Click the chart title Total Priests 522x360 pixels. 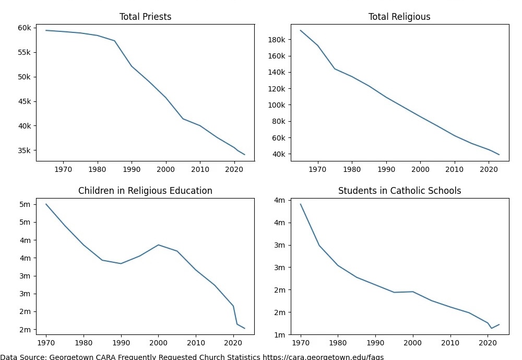click(x=145, y=17)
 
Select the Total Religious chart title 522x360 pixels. click(x=399, y=17)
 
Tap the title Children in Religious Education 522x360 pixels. click(x=145, y=191)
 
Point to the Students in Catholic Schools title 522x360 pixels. click(x=399, y=191)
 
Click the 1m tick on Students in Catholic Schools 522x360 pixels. click(x=279, y=334)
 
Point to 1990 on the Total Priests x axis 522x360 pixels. click(x=132, y=169)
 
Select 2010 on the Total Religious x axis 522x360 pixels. click(x=455, y=169)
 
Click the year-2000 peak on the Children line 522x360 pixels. click(x=158, y=245)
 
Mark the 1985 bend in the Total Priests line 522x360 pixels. click(x=114, y=41)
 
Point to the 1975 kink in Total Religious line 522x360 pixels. click(x=335, y=69)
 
